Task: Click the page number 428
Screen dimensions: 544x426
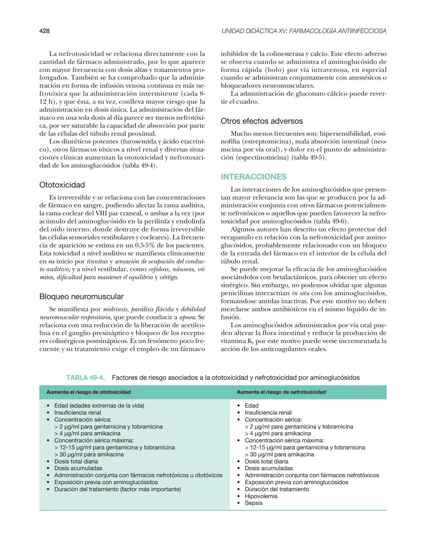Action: click(44, 31)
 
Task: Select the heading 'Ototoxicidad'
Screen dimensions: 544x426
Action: click(62, 185)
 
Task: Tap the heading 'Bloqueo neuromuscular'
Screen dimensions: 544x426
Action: click(81, 296)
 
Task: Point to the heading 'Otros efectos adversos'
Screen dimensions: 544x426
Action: click(262, 121)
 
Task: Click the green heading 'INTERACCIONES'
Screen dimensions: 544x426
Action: click(254, 177)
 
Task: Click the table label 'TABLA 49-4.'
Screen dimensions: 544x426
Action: click(85, 378)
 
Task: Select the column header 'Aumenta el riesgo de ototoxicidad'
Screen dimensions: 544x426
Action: click(88, 392)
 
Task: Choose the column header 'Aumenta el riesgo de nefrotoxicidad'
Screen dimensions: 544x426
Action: click(281, 392)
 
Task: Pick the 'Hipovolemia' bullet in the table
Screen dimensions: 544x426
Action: click(261, 496)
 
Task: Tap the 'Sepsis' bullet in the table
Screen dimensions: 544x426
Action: click(253, 503)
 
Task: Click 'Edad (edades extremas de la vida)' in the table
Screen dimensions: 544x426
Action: click(99, 406)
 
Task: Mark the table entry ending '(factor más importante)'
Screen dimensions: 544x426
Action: click(118, 489)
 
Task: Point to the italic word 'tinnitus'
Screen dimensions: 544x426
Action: click(97, 261)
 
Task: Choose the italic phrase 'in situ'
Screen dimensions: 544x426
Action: click(300, 293)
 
